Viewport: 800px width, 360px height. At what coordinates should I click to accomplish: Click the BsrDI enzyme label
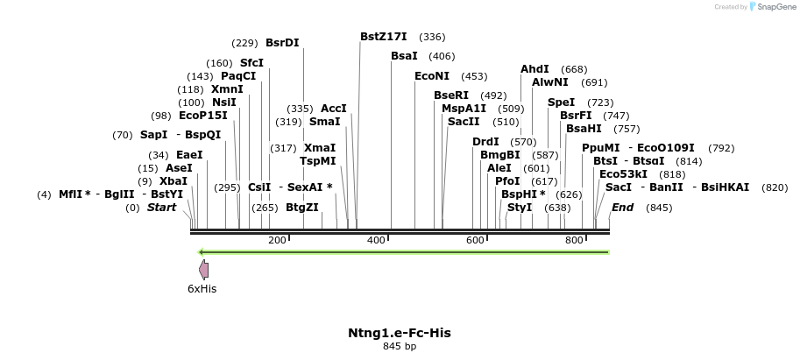[x=282, y=43]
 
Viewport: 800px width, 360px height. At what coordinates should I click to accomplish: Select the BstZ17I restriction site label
[x=384, y=37]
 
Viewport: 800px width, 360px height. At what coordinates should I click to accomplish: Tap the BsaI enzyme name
[x=404, y=56]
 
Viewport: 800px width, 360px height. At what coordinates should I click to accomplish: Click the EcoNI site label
[x=431, y=76]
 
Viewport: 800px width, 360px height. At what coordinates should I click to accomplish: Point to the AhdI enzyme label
[x=535, y=69]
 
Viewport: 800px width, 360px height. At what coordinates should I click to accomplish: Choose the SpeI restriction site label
[x=562, y=102]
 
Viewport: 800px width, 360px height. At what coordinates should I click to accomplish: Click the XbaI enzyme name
[x=173, y=181]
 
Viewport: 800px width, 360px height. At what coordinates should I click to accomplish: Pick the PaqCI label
[x=238, y=76]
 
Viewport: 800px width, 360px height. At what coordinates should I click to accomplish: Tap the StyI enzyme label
[x=520, y=208]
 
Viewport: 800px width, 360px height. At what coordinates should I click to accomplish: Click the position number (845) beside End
[x=659, y=208]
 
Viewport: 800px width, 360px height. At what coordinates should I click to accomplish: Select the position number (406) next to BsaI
[x=442, y=56]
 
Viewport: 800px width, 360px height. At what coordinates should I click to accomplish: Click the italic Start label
[x=161, y=208]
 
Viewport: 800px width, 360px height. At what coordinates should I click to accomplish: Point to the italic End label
[x=622, y=208]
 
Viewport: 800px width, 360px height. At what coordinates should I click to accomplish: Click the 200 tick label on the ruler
[x=277, y=240]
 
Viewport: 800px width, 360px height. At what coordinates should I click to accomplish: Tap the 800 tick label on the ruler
[x=574, y=240]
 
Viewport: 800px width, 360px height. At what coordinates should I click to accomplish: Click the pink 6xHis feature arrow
[x=203, y=269]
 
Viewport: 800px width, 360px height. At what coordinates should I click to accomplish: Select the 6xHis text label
[x=202, y=288]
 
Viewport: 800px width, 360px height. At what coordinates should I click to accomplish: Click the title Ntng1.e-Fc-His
[x=400, y=333]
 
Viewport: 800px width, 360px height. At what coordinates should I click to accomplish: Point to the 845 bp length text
[x=400, y=347]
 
